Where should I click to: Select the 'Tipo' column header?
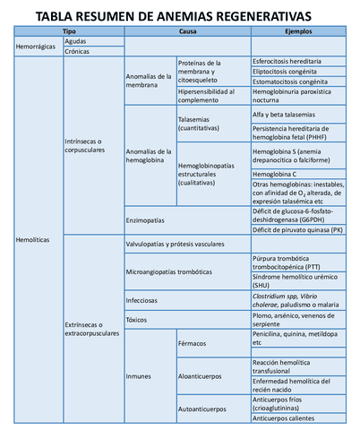(68, 31)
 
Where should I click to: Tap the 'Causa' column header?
(187, 31)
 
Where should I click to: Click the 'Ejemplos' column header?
(297, 31)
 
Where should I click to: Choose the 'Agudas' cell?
(77, 41)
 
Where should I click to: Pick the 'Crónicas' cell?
(78, 52)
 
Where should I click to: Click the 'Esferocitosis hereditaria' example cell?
(289, 62)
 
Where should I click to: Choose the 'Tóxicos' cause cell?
(140, 319)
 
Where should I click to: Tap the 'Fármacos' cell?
(194, 342)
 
